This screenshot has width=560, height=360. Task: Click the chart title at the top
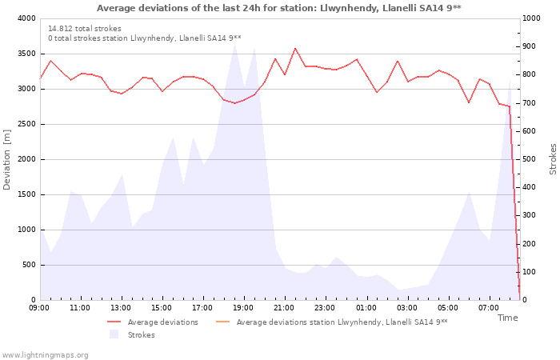point(279,8)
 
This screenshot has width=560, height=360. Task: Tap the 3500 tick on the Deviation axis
point(27,54)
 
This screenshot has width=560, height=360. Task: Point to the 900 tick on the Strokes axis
point(529,46)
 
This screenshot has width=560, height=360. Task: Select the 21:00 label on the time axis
point(284,308)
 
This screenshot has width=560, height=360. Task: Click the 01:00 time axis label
point(366,308)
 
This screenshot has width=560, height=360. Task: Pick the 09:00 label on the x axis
point(39,308)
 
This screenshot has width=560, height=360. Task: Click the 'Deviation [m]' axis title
point(6,159)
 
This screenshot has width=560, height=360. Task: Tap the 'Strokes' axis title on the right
point(553,159)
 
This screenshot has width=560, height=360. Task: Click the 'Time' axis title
point(507,318)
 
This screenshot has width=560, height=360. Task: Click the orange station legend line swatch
point(223,322)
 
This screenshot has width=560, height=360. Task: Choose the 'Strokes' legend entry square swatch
point(114,334)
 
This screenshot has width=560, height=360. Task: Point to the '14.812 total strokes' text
point(85,29)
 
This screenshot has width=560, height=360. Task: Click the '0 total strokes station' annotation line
point(145,38)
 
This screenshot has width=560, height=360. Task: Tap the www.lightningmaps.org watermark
point(45,355)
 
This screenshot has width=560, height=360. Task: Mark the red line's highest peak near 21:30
point(295,48)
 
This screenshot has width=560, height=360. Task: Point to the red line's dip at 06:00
point(469,102)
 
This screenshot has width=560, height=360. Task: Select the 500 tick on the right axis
point(529,159)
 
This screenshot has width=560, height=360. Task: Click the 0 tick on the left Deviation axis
point(34,300)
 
